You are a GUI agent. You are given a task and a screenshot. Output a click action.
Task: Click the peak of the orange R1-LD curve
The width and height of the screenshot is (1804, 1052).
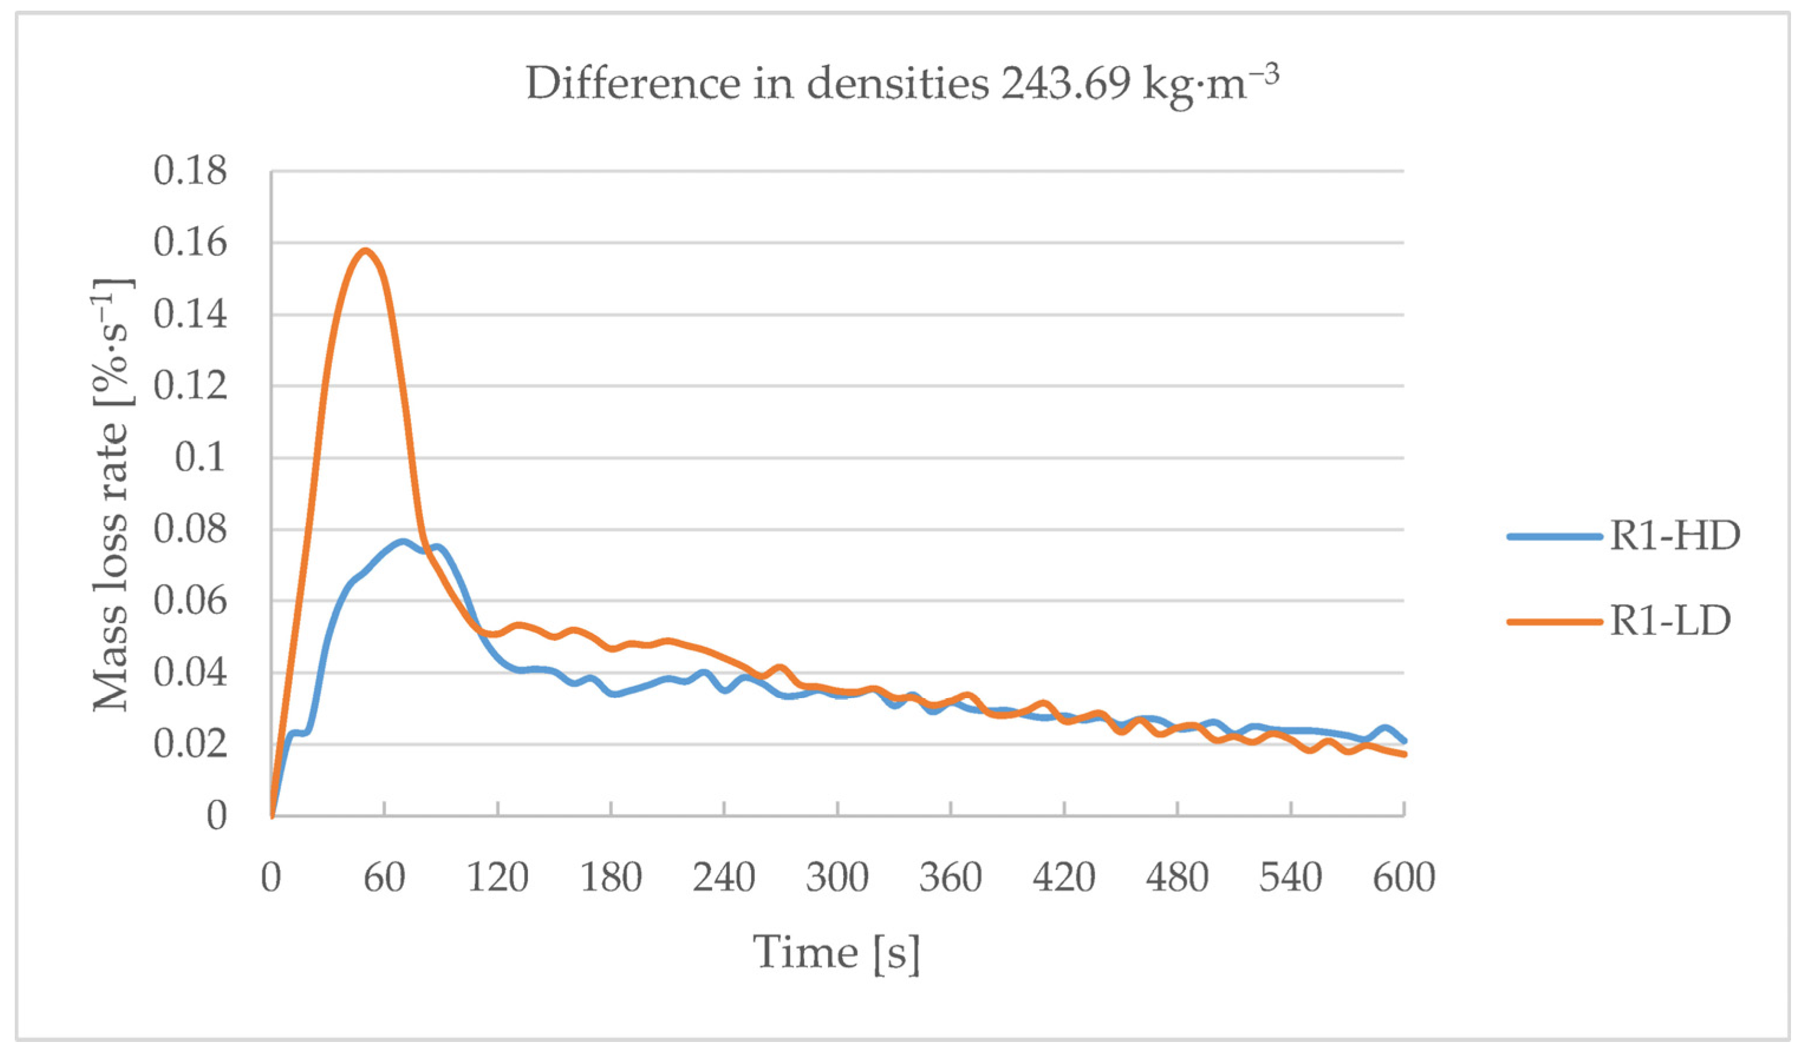click(x=366, y=250)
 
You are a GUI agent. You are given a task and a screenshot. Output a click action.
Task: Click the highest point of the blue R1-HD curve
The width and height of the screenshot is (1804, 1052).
click(x=403, y=542)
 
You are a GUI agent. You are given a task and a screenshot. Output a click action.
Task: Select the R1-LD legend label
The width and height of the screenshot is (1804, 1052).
click(x=1670, y=621)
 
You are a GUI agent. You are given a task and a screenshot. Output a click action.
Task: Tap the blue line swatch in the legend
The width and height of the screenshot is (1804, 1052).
click(x=1554, y=536)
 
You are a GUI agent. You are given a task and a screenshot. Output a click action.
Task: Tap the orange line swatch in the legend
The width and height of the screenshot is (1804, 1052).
click(x=1554, y=621)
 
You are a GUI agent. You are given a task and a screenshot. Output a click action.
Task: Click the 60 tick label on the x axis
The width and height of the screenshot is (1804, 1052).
click(x=384, y=877)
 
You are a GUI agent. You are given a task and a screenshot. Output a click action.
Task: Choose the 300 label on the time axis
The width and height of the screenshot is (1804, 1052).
click(x=837, y=877)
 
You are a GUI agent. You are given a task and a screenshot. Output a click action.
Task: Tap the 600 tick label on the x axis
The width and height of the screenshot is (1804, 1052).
click(x=1404, y=877)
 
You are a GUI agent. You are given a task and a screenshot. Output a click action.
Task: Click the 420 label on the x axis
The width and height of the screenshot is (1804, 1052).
click(x=1064, y=877)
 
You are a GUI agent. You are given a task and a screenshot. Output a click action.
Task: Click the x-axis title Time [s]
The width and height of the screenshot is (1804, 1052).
click(x=836, y=952)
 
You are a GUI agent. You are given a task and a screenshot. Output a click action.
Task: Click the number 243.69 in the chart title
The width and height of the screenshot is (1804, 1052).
click(x=1065, y=84)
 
